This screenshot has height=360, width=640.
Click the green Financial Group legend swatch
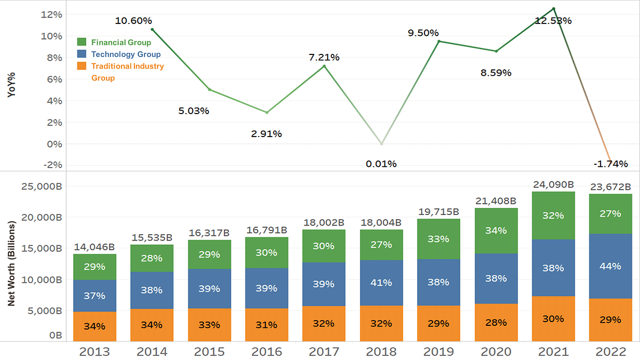point(82,42)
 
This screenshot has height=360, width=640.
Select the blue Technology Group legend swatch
point(82,54)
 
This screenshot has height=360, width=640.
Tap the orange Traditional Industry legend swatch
point(82,66)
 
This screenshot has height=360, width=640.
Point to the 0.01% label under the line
point(381,164)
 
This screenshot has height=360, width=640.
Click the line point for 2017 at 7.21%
point(324,66)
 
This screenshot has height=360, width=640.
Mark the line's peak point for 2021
point(554,9)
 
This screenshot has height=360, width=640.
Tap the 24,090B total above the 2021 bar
point(553,185)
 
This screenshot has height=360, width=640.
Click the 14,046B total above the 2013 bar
point(94,247)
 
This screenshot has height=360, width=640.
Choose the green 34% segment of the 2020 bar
point(496,230)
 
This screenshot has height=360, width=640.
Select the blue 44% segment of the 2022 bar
point(610,266)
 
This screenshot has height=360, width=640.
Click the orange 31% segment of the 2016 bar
point(267,324)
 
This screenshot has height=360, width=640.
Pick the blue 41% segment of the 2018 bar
point(381,283)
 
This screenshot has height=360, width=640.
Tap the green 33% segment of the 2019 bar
point(438,239)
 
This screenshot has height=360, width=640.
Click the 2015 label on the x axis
point(209,351)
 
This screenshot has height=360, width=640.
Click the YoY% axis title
point(11,85)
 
